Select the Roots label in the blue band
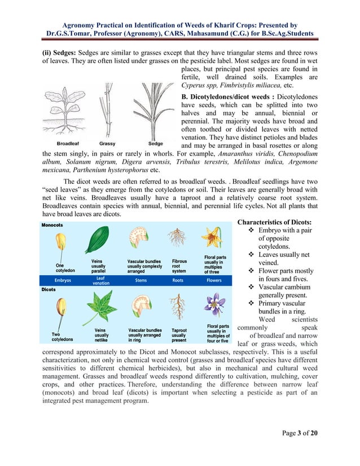[x=178, y=280]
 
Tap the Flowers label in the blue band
[x=214, y=280]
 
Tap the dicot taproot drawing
[x=178, y=307]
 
